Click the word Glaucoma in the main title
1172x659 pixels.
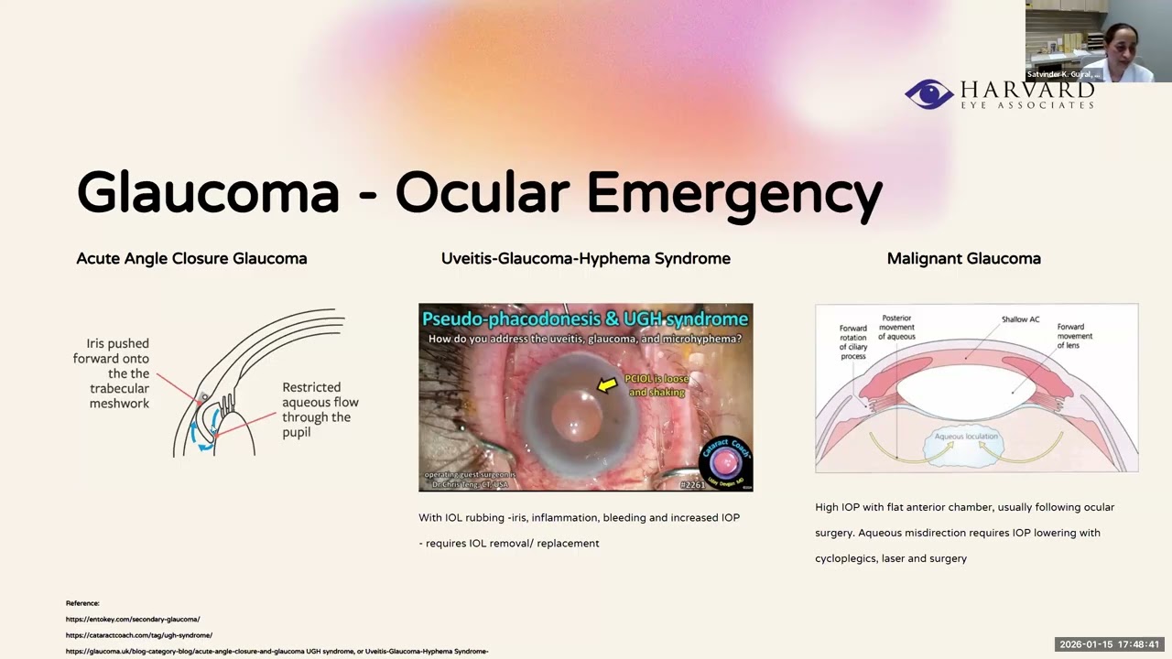click(208, 193)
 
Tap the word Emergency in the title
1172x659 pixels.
click(733, 193)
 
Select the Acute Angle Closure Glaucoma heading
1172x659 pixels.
click(191, 259)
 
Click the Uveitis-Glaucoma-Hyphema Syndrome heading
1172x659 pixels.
click(586, 259)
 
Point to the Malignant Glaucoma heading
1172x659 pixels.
click(963, 259)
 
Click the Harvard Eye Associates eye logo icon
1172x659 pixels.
click(928, 94)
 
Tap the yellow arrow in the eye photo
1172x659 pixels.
click(606, 385)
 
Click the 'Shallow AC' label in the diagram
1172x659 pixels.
click(1020, 319)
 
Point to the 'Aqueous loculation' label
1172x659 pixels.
click(968, 437)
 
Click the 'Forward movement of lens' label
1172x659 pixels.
click(1075, 336)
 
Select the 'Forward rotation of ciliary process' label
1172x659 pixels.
click(852, 341)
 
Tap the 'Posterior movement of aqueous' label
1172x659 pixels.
click(896, 328)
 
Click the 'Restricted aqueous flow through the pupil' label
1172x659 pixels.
click(320, 409)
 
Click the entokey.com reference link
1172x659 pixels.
click(133, 620)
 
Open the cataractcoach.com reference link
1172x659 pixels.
click(139, 635)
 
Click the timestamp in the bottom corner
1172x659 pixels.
click(1110, 644)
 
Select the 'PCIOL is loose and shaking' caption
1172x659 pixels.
click(657, 385)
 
